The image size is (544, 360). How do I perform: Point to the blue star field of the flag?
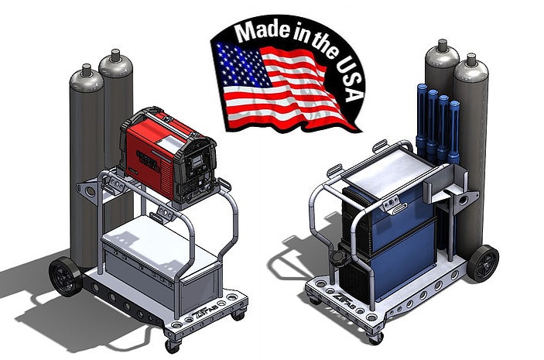point(234,59)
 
